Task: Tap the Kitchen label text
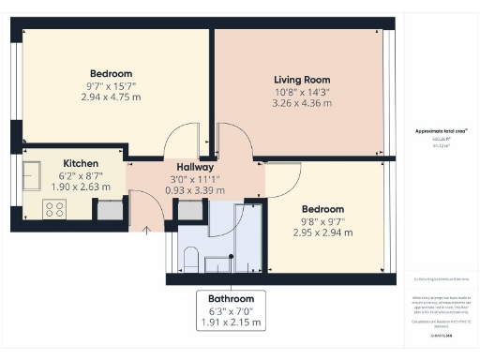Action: tap(82, 162)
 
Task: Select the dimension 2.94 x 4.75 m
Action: tap(111, 97)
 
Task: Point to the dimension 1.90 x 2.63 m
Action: tap(82, 186)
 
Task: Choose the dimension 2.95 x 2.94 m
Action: tap(322, 232)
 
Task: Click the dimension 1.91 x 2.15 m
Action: tap(231, 322)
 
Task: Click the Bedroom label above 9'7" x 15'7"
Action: tap(111, 73)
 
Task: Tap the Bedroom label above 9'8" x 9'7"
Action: tap(322, 209)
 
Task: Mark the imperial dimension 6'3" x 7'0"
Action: tap(231, 310)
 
